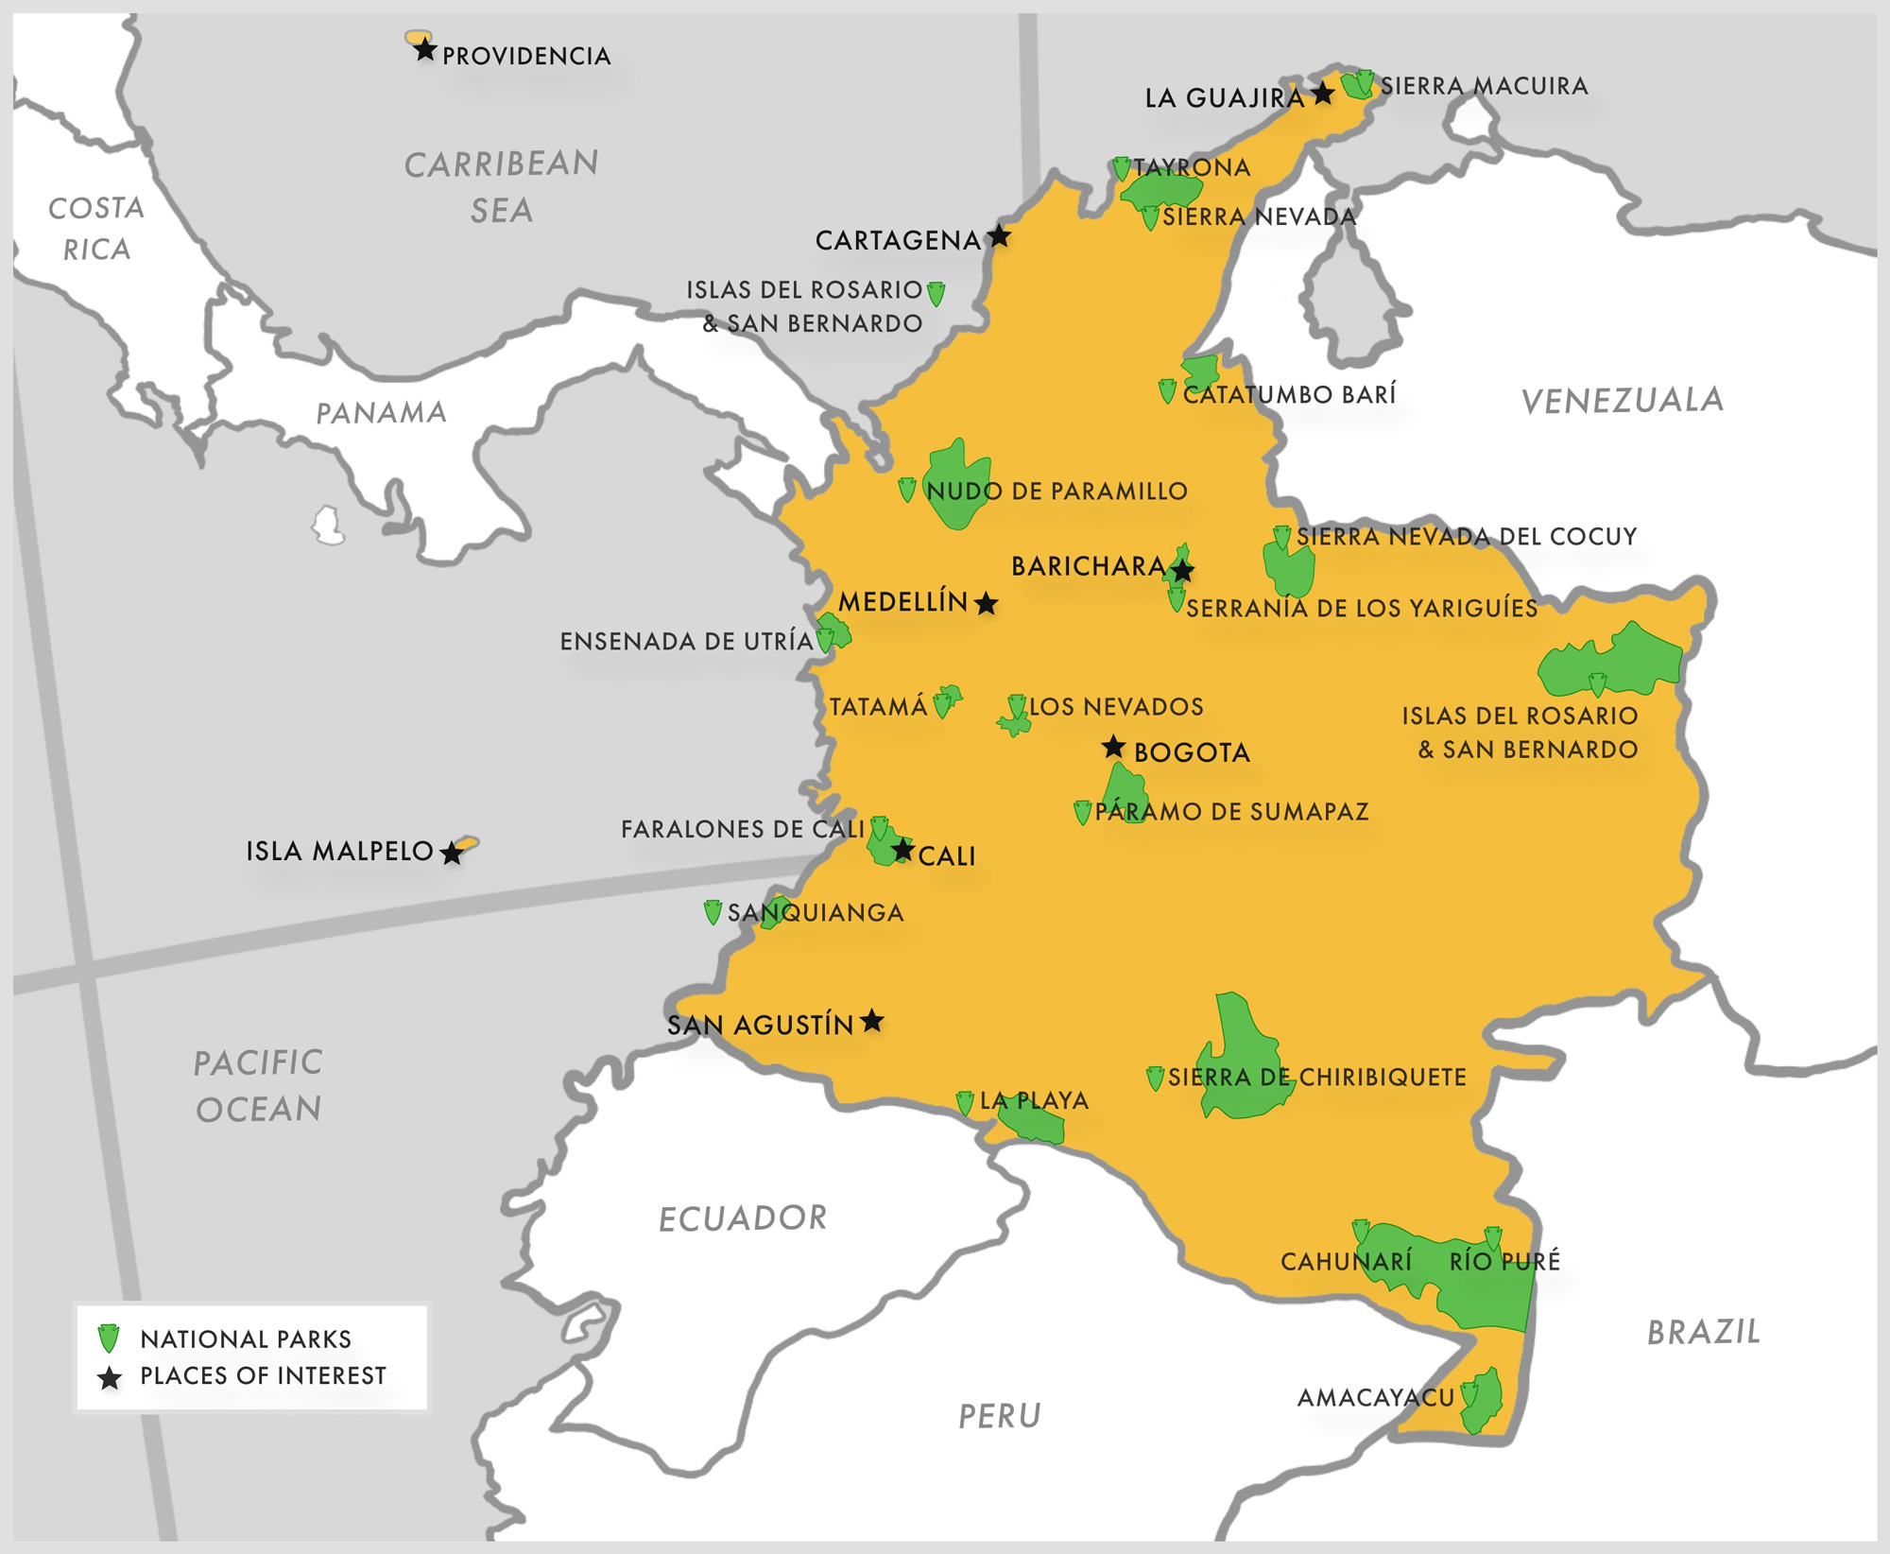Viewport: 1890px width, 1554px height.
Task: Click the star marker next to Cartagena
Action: (x=999, y=236)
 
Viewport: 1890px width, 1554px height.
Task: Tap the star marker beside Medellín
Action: (x=986, y=603)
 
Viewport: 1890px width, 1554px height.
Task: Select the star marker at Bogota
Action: (x=1114, y=748)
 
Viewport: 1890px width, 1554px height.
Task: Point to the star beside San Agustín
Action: (x=872, y=1021)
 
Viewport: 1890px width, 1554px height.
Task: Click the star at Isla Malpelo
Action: (x=453, y=853)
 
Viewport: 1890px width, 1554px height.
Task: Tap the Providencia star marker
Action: (x=425, y=50)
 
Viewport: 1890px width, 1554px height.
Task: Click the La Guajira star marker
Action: (x=1323, y=93)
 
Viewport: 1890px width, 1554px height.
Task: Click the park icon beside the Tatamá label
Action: (x=942, y=705)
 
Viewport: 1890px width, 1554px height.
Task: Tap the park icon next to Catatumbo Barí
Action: (x=1167, y=391)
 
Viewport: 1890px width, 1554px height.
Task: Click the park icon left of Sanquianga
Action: (x=713, y=912)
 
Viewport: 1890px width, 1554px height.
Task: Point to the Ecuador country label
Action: (x=743, y=1218)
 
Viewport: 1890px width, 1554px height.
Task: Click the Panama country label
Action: (x=381, y=413)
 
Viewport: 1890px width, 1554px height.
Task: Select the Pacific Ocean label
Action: (x=258, y=1085)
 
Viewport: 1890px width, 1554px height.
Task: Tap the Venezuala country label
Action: (x=1622, y=400)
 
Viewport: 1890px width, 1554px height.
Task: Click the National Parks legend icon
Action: (x=110, y=1338)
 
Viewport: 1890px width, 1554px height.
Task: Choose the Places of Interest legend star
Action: (x=110, y=1378)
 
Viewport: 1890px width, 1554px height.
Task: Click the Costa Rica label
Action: (x=95, y=228)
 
